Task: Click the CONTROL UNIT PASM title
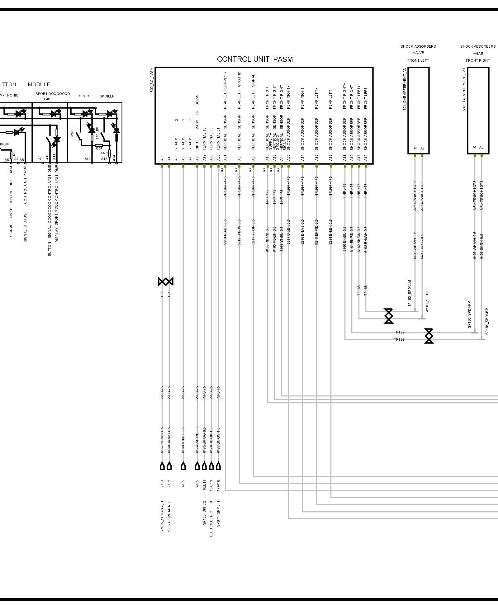click(255, 59)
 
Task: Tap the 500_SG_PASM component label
click(152, 80)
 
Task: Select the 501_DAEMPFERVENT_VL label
click(405, 89)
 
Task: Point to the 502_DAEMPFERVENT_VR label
click(464, 90)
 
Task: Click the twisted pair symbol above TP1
click(165, 281)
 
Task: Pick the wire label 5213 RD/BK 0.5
click(225, 232)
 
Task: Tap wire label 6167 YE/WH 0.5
click(162, 440)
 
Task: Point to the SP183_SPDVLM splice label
click(410, 293)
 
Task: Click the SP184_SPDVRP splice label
click(487, 321)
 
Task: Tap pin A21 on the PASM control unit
click(225, 158)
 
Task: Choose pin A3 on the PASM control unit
click(162, 158)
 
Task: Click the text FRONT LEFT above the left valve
click(418, 60)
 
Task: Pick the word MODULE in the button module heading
click(39, 84)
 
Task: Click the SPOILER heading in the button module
click(107, 96)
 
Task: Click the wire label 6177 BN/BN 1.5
click(218, 440)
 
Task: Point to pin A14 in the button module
click(114, 158)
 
